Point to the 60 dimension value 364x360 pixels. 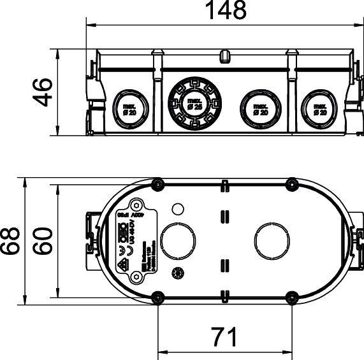pyautogui.click(x=42, y=240)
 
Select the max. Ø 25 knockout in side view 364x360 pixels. pyautogui.click(x=193, y=104)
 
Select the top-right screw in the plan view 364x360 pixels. pyautogui.click(x=291, y=185)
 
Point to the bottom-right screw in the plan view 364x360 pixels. pyautogui.click(x=291, y=296)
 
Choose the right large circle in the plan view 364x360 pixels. pyautogui.click(x=271, y=241)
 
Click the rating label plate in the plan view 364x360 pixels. pyautogui.click(x=136, y=241)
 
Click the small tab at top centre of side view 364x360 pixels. pyautogui.click(x=224, y=57)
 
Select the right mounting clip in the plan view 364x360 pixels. pyautogui.click(x=355, y=241)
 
